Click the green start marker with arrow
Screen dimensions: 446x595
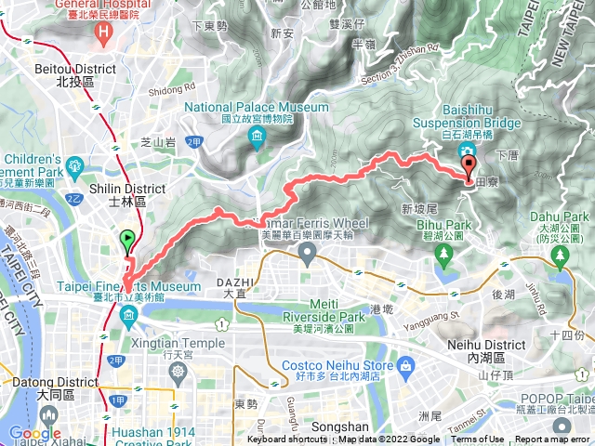click(x=127, y=241)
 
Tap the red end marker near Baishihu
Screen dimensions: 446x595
click(x=468, y=168)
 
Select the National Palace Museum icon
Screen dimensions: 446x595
click(x=257, y=139)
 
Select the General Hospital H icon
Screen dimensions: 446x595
click(x=104, y=30)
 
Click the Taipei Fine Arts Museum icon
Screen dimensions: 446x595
click(x=127, y=319)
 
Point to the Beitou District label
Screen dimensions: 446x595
click(x=74, y=74)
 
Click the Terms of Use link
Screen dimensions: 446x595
click(x=478, y=440)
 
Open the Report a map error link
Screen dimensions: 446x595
click(x=554, y=440)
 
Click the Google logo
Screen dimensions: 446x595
click(x=34, y=433)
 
